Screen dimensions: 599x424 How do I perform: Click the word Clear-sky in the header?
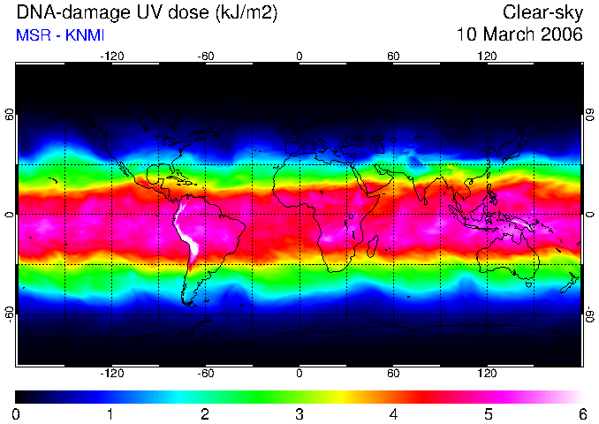[x=542, y=13]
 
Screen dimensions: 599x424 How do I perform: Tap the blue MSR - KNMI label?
[x=60, y=35]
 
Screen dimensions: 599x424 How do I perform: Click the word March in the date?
[x=508, y=34]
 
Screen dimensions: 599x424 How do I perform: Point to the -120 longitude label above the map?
[x=112, y=57]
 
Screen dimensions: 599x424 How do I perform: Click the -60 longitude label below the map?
[x=206, y=373]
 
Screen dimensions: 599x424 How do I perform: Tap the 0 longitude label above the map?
[x=299, y=57]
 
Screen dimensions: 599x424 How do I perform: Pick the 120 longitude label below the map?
[x=487, y=373]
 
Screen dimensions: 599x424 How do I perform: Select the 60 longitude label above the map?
[x=393, y=57]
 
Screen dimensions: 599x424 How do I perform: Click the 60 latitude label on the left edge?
[x=9, y=114]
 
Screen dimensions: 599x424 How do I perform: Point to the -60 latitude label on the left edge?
[x=9, y=313]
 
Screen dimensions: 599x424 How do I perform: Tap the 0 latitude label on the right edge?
[x=590, y=215]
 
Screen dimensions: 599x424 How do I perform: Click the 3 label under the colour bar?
[x=299, y=414]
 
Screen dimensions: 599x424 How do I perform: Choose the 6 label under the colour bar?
[x=582, y=414]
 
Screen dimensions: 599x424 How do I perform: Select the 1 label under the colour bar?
[x=110, y=414]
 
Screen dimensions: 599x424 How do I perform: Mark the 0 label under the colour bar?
[x=16, y=414]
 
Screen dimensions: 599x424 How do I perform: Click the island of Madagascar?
[x=373, y=246]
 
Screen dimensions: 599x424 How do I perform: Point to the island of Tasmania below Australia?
[x=529, y=284]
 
